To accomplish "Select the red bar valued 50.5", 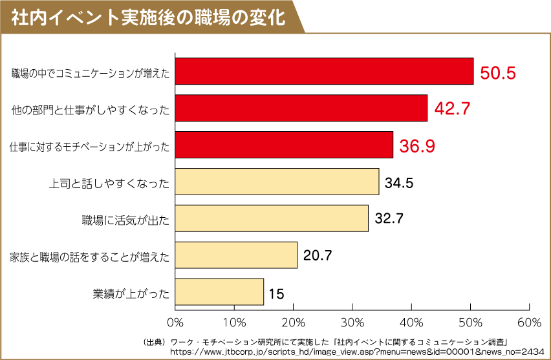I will pyautogui.click(x=323, y=71).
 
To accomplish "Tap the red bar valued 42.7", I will pyautogui.click(x=301, y=108).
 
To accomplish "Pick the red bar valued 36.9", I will pyautogui.click(x=283, y=145).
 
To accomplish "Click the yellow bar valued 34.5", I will pyautogui.click(x=276, y=182).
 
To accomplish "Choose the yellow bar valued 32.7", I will pyautogui.click(x=271, y=218).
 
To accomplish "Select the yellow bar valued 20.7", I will pyautogui.click(x=235, y=255).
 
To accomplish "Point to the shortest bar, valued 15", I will pyautogui.click(x=219, y=292).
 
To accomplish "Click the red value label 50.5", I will pyautogui.click(x=497, y=72).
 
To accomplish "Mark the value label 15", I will pyautogui.click(x=276, y=294).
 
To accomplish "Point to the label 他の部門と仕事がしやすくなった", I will pyautogui.click(x=91, y=111).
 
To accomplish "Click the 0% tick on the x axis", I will pyautogui.click(x=175, y=322).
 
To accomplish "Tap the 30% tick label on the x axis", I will pyautogui.click(x=352, y=322).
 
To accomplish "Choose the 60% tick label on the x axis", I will pyautogui.click(x=529, y=322).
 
